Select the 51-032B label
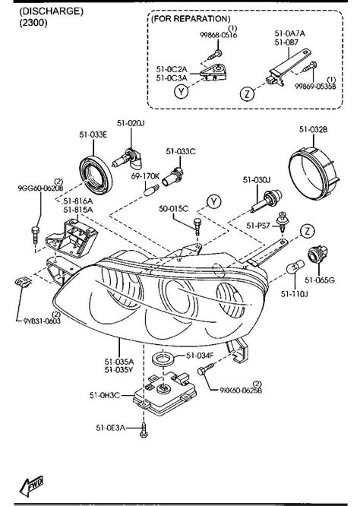point(313,129)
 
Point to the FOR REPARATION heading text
point(191,17)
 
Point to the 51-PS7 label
point(260,226)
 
